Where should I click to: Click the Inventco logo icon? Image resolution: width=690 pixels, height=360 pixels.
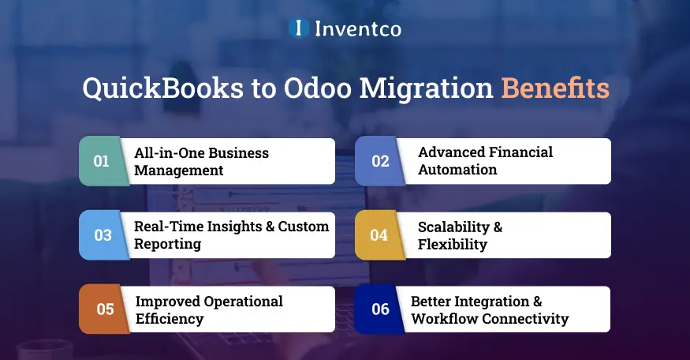click(x=299, y=28)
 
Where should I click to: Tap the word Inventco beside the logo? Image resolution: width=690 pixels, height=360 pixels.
click(x=358, y=29)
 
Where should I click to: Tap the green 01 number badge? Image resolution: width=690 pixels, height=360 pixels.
click(x=102, y=161)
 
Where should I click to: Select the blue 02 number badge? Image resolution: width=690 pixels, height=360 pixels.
click(x=380, y=161)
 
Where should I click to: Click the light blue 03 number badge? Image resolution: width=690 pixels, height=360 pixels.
click(x=103, y=235)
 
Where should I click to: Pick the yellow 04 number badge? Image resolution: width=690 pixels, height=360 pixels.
click(x=379, y=235)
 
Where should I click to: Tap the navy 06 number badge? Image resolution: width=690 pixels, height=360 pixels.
click(x=380, y=309)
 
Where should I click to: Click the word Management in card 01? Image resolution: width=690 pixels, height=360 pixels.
click(x=179, y=170)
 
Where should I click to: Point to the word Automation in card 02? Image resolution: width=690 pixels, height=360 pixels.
click(x=457, y=170)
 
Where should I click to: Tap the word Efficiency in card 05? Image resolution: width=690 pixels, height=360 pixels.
click(x=170, y=319)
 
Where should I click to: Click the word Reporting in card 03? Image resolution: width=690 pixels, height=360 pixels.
click(x=167, y=244)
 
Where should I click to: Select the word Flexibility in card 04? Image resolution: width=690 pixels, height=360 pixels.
click(x=452, y=244)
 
